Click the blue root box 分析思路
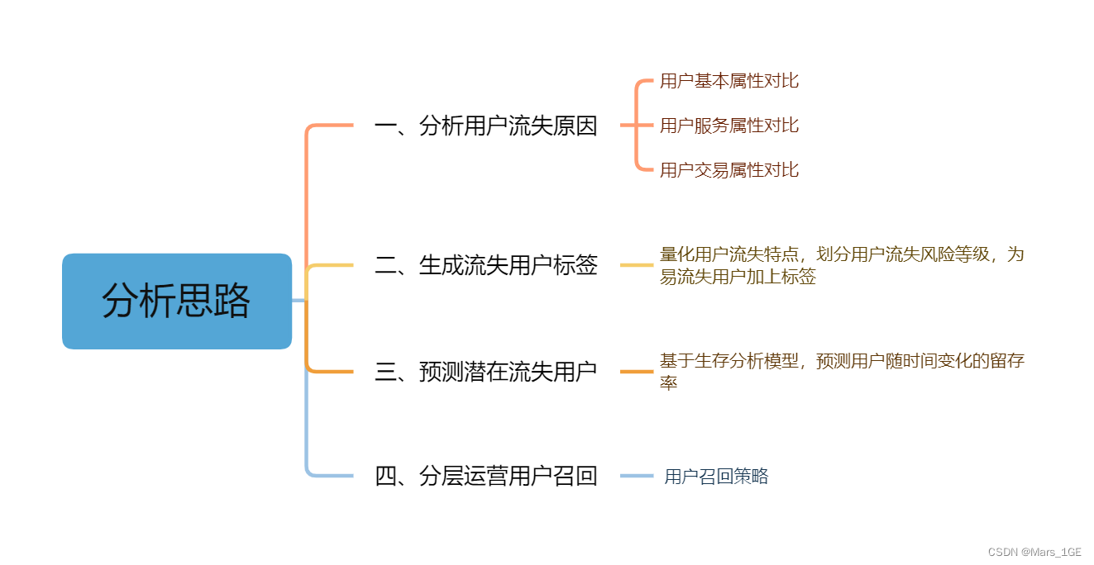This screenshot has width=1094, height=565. coord(176,301)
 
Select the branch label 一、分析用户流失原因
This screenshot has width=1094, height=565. coord(485,126)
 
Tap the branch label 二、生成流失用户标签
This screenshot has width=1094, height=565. coord(485,265)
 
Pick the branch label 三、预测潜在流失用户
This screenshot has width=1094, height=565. coord(485,372)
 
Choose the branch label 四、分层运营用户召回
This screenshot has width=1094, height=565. coord(485,476)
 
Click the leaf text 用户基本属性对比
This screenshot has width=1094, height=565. coord(729,81)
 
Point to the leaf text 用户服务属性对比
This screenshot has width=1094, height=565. coord(729,126)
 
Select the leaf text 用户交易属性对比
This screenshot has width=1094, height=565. coord(729,170)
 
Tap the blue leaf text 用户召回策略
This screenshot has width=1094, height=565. coord(716,477)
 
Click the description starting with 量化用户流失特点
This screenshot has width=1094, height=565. coord(841,265)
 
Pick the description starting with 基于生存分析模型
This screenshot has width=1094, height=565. coord(841,372)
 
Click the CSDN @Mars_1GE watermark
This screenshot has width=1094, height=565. coord(1034,552)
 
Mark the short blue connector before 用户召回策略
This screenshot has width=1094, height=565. coord(637,476)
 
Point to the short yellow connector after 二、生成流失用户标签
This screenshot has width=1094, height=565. coord(637,265)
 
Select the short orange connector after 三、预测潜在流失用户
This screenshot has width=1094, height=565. coord(637,372)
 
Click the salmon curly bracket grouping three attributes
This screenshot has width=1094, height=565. coord(637,126)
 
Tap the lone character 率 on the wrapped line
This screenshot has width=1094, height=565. coord(668,383)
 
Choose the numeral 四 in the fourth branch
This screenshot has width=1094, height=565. coord(386,477)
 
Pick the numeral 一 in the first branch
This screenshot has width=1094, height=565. coord(386,126)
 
